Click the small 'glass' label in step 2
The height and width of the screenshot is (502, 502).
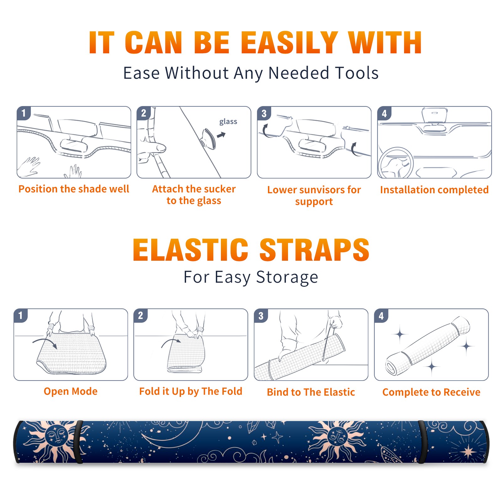[228, 122]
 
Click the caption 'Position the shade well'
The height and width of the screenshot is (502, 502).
[74, 189]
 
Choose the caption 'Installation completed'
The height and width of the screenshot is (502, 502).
[434, 190]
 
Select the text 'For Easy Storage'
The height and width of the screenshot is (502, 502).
[251, 277]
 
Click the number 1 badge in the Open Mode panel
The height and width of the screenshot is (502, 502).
[21, 315]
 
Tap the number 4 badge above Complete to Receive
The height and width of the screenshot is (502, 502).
[381, 315]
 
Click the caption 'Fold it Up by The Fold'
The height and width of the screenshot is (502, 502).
[191, 391]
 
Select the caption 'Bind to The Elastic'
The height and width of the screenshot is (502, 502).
[311, 392]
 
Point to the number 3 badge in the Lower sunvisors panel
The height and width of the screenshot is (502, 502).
[264, 113]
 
